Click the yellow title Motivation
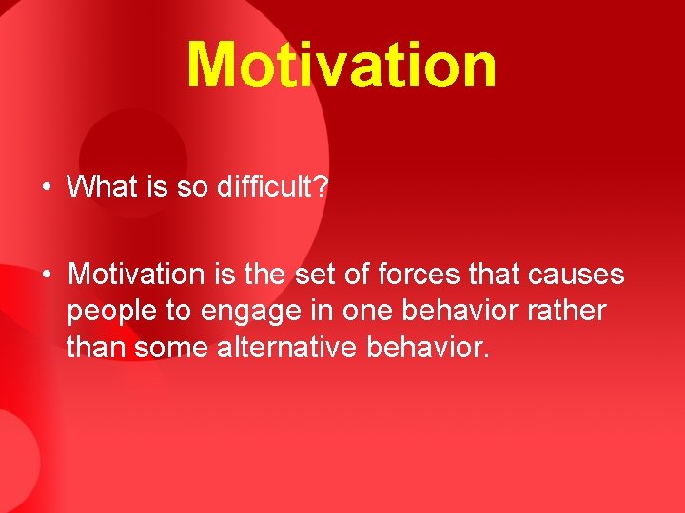pyautogui.click(x=342, y=65)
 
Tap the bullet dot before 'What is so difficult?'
pyautogui.click(x=46, y=186)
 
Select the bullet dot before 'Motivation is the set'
pyautogui.click(x=46, y=275)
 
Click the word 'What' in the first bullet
pyautogui.click(x=101, y=186)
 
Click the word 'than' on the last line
pyautogui.click(x=96, y=348)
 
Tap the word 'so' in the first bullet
pyautogui.click(x=191, y=186)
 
